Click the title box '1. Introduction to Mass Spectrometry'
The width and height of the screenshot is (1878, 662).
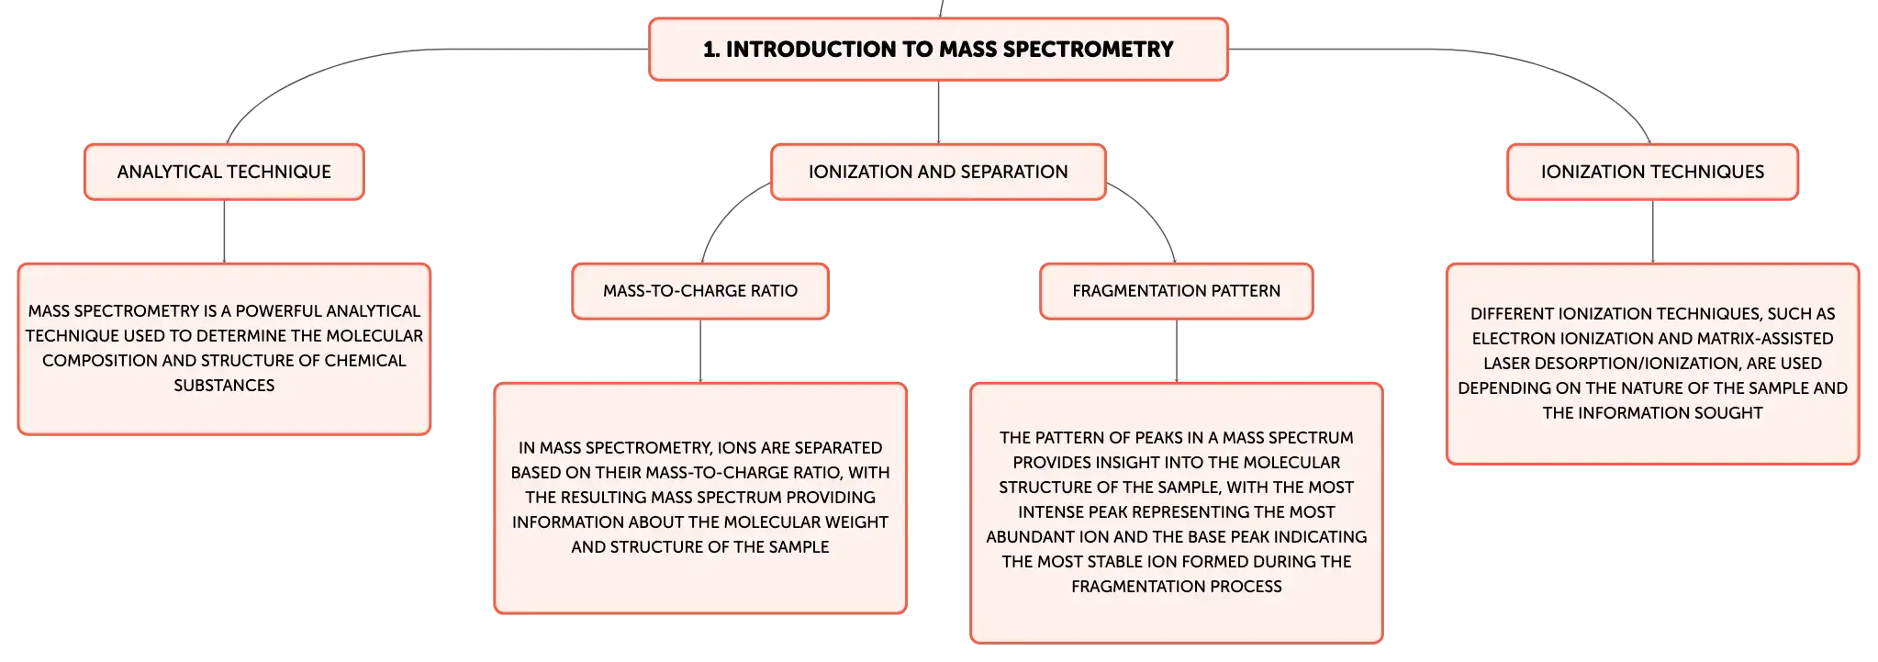(x=938, y=50)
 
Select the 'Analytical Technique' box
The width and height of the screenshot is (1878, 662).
(x=224, y=172)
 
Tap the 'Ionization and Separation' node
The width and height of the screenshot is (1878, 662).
(x=938, y=172)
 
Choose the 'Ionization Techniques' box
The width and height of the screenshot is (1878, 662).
(x=1652, y=172)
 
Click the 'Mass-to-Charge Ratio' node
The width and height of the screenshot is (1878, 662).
(x=700, y=291)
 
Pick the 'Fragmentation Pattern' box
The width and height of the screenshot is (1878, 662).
(x=1177, y=291)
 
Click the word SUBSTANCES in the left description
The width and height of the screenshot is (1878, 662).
(x=224, y=386)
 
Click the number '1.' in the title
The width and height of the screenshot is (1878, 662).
(x=711, y=50)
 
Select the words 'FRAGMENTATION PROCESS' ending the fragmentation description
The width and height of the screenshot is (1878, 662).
(x=1177, y=587)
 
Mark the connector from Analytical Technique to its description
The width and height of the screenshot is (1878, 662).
(x=224, y=231)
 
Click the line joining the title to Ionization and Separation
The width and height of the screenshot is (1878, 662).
(x=938, y=112)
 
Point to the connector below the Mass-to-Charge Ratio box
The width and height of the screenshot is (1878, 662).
(x=700, y=351)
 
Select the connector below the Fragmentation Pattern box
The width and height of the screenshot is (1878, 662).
(x=1177, y=351)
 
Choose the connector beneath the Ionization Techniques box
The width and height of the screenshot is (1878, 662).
(x=1652, y=231)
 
